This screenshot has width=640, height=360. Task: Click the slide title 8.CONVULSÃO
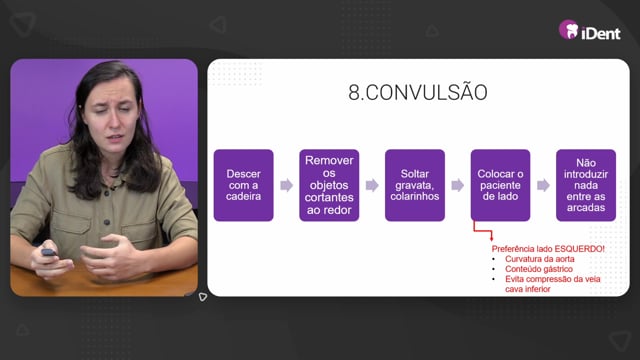(418, 92)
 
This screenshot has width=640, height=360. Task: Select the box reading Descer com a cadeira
(244, 185)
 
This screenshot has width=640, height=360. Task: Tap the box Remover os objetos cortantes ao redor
(329, 185)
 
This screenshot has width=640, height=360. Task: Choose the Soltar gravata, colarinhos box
(415, 185)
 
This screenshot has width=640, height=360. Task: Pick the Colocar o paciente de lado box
(500, 185)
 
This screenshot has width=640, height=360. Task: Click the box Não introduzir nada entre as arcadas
(586, 185)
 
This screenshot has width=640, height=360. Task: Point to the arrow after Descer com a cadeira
(287, 185)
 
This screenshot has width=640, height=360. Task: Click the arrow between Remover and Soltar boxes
(372, 185)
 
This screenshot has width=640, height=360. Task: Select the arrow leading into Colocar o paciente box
(458, 185)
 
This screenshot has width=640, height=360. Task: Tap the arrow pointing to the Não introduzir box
(543, 185)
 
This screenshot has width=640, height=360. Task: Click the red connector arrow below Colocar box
(482, 231)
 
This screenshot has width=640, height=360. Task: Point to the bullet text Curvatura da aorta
(540, 259)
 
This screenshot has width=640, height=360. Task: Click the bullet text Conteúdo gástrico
(539, 269)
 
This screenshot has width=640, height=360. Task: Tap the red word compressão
(552, 279)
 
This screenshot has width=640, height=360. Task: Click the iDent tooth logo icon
(569, 29)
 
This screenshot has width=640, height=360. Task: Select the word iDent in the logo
(601, 33)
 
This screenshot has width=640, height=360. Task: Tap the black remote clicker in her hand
(49, 253)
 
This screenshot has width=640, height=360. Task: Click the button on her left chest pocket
(107, 222)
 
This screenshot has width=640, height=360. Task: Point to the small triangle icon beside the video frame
(202, 297)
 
